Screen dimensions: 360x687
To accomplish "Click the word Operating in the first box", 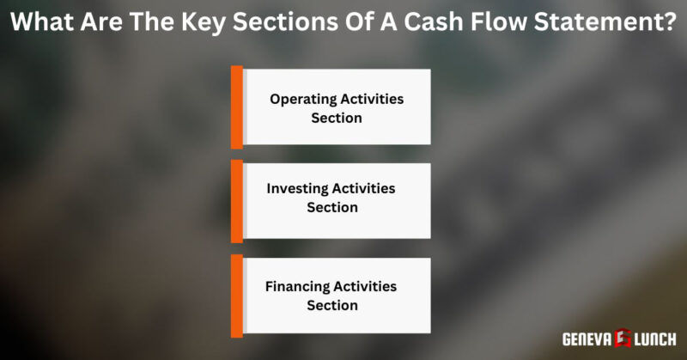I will click(x=300, y=99).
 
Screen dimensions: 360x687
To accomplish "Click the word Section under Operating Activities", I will click(x=337, y=118).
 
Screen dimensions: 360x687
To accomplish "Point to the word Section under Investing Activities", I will click(x=332, y=207).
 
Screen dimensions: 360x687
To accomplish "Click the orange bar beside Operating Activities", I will click(x=236, y=107).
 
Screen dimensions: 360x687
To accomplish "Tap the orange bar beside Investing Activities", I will click(x=236, y=200).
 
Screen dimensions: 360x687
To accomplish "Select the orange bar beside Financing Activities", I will click(x=236, y=295).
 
